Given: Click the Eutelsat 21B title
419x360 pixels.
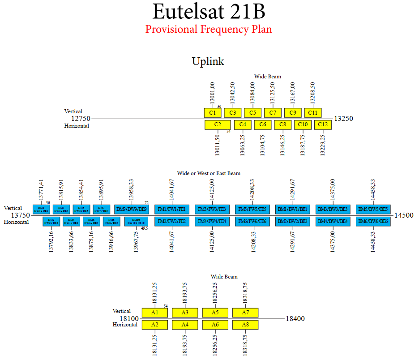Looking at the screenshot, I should point(209,11).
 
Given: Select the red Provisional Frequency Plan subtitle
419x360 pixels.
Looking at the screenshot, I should point(209,30).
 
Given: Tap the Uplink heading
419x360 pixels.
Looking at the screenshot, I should point(208,61).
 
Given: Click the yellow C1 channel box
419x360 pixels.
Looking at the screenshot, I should point(213,113).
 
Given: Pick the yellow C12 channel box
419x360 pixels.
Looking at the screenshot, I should point(323,124).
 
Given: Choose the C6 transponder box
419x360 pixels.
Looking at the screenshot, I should point(263,124).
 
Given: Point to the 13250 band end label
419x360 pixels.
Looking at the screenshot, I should point(344,119).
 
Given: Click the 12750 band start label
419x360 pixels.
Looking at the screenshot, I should point(81,119).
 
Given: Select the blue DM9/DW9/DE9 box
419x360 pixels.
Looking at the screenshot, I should point(131,209).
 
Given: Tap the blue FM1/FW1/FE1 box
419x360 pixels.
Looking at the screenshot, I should point(172,209).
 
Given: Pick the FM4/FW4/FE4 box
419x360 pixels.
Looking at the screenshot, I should point(213,221).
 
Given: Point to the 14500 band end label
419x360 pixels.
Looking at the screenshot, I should point(404,215).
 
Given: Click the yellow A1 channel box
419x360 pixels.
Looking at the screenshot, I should point(155,313).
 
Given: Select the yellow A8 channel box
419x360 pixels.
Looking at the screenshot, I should point(245,325).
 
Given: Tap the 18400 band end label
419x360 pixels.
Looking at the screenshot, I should point(295,319).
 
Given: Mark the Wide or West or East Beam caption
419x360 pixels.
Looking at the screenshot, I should point(209,173).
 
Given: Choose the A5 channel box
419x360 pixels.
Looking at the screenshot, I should point(215,313).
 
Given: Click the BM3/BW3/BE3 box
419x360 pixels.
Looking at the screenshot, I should point(333,209).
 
